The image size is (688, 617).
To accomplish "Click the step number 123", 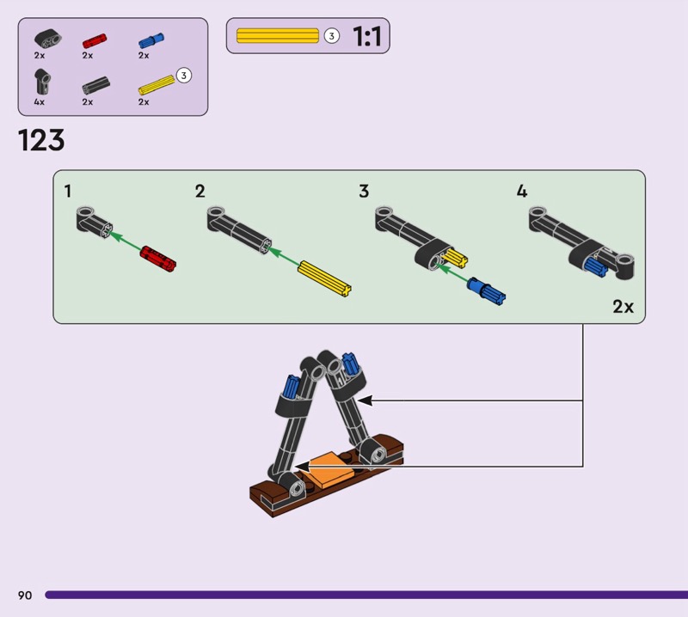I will (x=41, y=140).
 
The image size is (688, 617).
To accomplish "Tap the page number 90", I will (x=24, y=595).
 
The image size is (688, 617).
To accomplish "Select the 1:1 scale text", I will (x=367, y=37).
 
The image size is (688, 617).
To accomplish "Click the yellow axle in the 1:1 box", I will (x=277, y=36).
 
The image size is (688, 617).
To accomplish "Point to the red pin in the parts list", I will (x=93, y=40).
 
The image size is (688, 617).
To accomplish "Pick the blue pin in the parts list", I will (x=150, y=40).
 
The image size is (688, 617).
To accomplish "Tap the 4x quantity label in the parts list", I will (x=40, y=101).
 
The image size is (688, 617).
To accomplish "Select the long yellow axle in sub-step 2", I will (x=325, y=278).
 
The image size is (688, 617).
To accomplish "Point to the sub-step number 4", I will (x=522, y=192).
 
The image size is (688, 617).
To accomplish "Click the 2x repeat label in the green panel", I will (x=623, y=306).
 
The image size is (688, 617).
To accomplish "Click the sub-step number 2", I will (x=200, y=192).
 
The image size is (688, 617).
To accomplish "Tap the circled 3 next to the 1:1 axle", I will (x=332, y=36).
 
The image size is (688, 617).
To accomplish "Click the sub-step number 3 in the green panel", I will (x=364, y=192).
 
